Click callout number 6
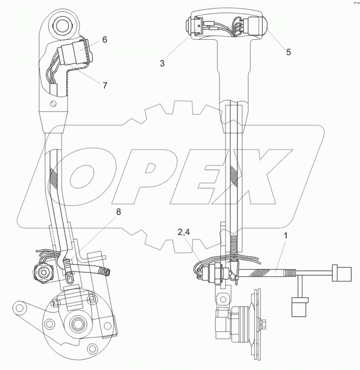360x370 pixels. click(104, 40)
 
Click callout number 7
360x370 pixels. click(104, 85)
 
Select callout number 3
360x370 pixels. click(162, 63)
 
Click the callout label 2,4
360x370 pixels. click(184, 232)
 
